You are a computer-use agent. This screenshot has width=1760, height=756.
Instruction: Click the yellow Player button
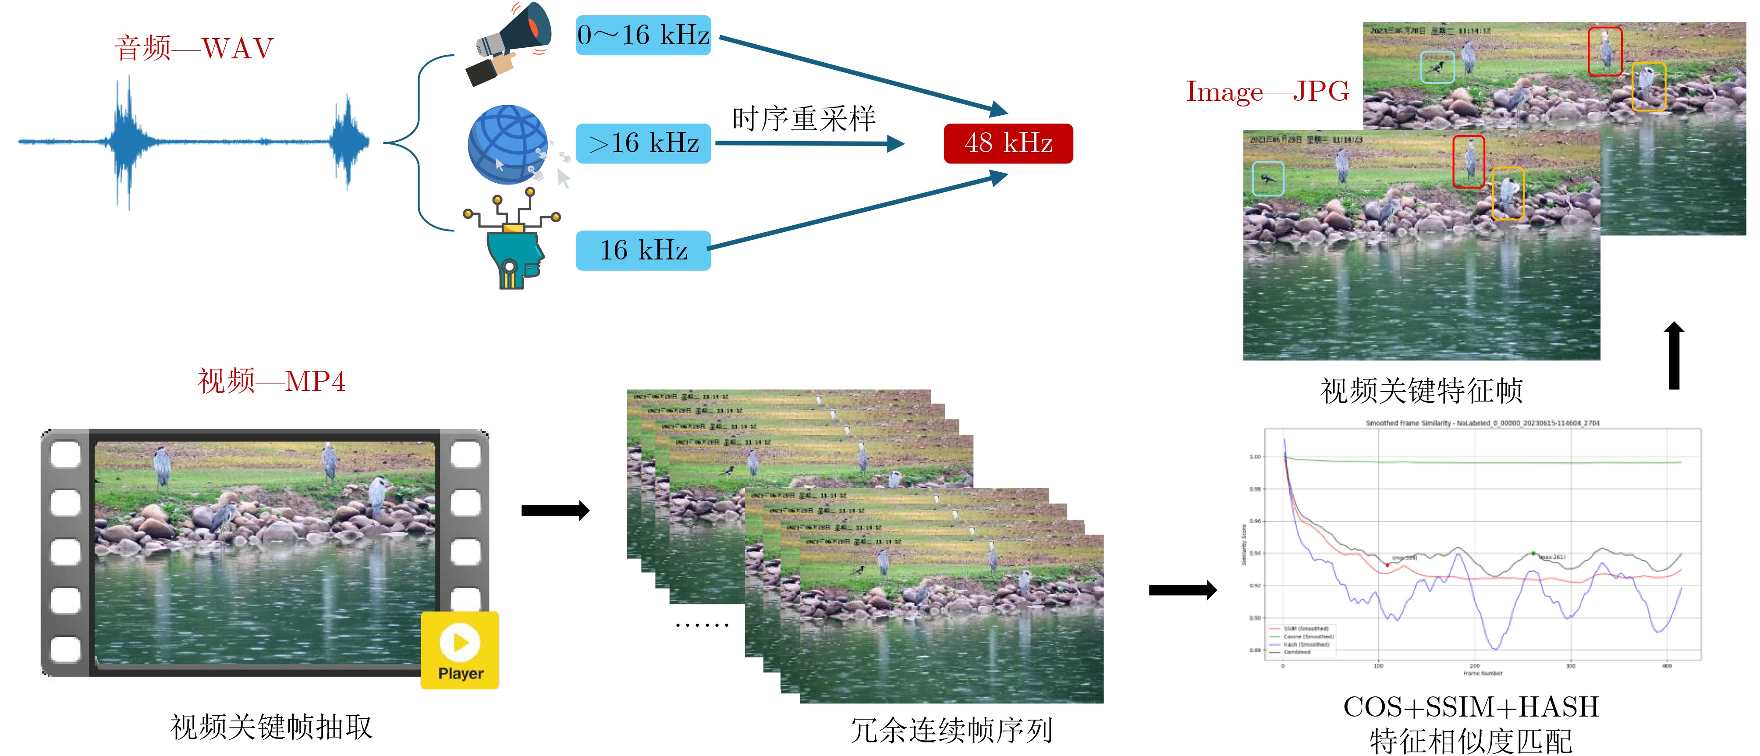pos(460,650)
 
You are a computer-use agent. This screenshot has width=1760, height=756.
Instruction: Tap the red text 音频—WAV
pos(194,49)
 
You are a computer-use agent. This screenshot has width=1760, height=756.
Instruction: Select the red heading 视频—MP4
pos(271,381)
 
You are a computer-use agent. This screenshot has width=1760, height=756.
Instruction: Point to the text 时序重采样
pos(803,119)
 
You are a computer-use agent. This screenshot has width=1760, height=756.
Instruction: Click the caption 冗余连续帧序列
pos(951,730)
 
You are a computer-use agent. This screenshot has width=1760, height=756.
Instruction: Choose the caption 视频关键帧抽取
pos(271,727)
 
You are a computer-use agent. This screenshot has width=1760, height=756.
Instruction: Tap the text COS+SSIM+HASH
pos(1471,707)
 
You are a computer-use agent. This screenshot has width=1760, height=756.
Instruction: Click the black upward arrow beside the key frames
pos(1674,355)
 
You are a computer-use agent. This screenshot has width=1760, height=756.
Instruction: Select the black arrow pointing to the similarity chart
pos(1182,590)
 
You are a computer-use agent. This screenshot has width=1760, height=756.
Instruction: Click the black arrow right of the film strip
pos(555,511)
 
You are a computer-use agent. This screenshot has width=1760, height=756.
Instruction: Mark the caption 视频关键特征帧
pos(1421,391)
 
